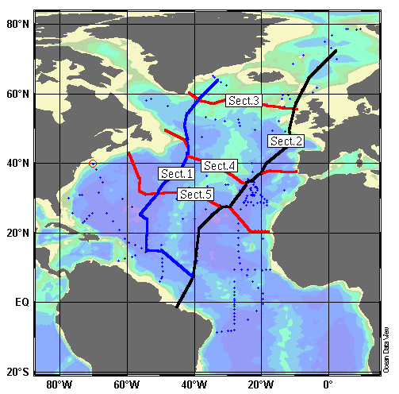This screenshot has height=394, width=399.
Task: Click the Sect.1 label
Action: coord(176,173)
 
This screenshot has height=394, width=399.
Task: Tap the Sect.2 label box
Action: coord(286,141)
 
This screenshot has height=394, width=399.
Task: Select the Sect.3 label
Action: coord(244,101)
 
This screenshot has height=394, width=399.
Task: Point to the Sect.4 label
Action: coord(218,166)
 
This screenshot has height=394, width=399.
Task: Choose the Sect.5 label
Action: coord(195,194)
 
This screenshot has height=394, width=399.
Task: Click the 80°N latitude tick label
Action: coord(18,25)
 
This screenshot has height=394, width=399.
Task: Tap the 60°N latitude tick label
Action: coord(18,95)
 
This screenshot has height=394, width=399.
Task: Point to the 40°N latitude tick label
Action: coord(18,164)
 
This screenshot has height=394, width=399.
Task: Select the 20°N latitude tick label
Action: coord(18,234)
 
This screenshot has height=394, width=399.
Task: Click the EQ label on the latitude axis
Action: coord(21,303)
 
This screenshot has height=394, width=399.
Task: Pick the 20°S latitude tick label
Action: coord(18,372)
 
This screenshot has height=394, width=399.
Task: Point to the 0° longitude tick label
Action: coord(331,385)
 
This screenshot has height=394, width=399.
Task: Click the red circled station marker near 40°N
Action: coord(93,164)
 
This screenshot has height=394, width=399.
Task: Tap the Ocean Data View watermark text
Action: coord(386,350)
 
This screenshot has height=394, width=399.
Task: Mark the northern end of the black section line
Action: coord(336,52)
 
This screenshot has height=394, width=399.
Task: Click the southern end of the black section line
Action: coord(177,307)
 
